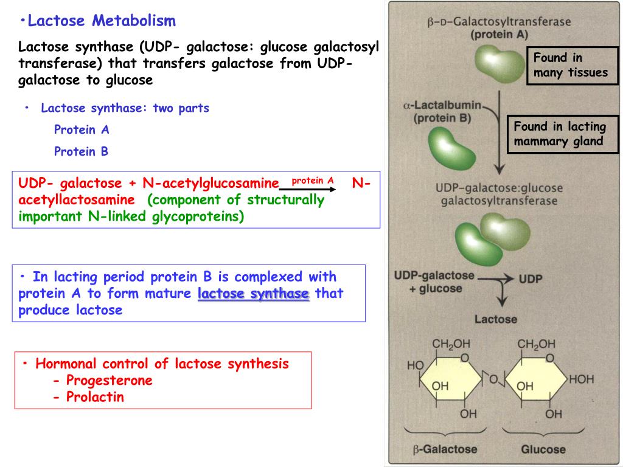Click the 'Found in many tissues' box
click(x=572, y=66)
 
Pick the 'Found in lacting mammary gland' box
click(x=560, y=134)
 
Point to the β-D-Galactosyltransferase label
click(x=499, y=22)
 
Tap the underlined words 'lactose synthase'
click(x=254, y=294)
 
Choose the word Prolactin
click(x=95, y=397)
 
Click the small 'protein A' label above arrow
click(x=313, y=181)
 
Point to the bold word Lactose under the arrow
click(x=496, y=319)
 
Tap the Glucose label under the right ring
click(x=543, y=450)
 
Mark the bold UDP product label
click(x=531, y=279)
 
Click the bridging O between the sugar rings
click(x=493, y=380)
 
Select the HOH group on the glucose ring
click(x=580, y=379)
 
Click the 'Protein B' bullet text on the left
click(x=81, y=151)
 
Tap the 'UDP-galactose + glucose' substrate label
click(x=434, y=282)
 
